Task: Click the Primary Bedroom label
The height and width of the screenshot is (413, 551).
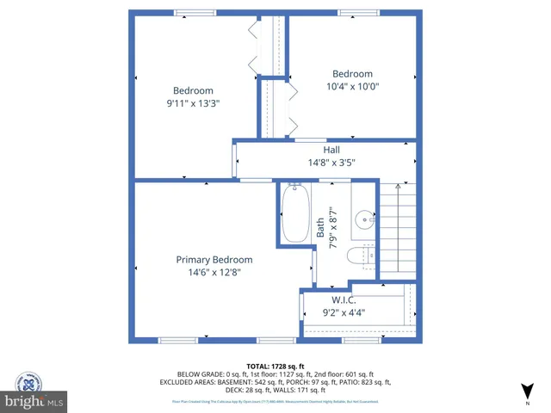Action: [214, 260]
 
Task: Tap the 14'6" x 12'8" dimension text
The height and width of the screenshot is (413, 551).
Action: [214, 272]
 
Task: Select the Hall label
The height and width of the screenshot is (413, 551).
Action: [331, 150]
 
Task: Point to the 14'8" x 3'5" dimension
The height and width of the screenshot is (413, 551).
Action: [331, 162]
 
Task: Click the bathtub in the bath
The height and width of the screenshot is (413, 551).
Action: [295, 214]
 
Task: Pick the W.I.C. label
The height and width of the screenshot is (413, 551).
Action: [344, 300]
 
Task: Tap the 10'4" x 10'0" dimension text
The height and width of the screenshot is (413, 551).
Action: [352, 86]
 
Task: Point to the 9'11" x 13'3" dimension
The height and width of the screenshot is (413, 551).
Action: [193, 103]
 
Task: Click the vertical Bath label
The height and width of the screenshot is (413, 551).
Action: [320, 226]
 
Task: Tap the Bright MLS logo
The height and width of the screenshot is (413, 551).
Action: [34, 401]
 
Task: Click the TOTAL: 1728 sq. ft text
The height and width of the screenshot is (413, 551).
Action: [275, 366]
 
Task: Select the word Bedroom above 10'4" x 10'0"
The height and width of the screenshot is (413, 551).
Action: [352, 74]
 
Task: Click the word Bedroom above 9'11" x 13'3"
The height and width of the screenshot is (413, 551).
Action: [193, 91]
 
